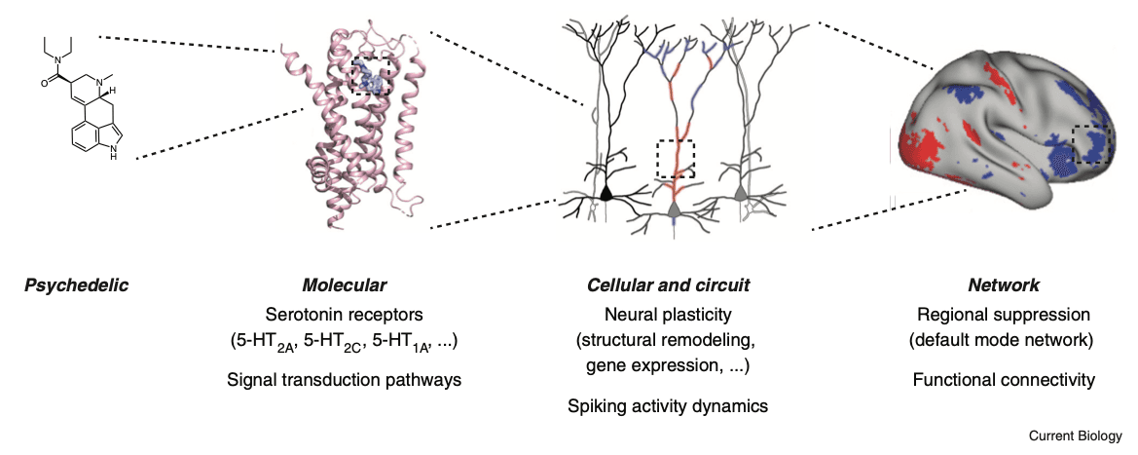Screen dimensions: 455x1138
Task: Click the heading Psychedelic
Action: point(76,285)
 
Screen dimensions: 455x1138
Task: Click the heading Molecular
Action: point(344,285)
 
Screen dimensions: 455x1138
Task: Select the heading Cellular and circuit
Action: point(668,285)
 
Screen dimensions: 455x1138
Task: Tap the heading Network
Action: point(1004,285)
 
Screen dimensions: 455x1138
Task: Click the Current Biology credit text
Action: point(1075,436)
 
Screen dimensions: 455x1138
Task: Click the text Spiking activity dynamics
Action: point(668,405)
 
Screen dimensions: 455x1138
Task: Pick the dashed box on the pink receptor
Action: point(372,74)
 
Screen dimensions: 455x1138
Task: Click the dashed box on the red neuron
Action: point(676,159)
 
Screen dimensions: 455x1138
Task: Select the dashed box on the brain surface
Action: point(1091,146)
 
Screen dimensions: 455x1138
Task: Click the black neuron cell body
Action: point(606,193)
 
